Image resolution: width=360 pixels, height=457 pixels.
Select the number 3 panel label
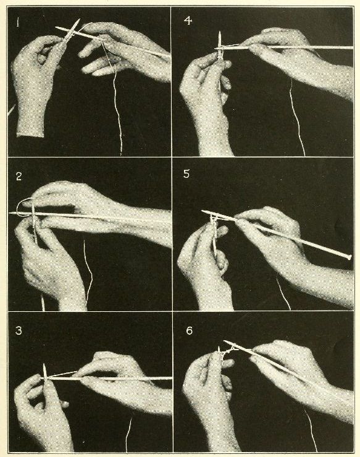20,330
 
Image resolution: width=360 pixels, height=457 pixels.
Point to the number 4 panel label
188,21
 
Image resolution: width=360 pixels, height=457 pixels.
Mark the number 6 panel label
189,330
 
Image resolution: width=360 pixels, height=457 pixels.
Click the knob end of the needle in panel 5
350,256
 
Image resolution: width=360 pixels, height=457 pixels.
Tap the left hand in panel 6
207,395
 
